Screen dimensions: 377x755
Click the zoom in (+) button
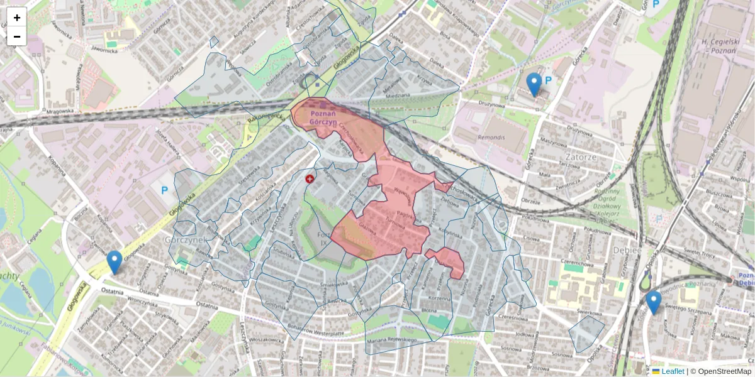(x=17, y=18)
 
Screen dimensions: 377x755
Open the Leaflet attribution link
(x=668, y=371)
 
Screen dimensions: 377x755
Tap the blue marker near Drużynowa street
(x=534, y=84)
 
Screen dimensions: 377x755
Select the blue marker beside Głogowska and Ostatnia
(x=114, y=262)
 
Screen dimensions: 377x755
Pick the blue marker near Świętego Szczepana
(x=654, y=302)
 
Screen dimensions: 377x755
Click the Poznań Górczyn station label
(x=323, y=117)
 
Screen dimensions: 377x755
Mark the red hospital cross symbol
(x=310, y=179)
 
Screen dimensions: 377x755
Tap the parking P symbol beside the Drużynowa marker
(x=548, y=80)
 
